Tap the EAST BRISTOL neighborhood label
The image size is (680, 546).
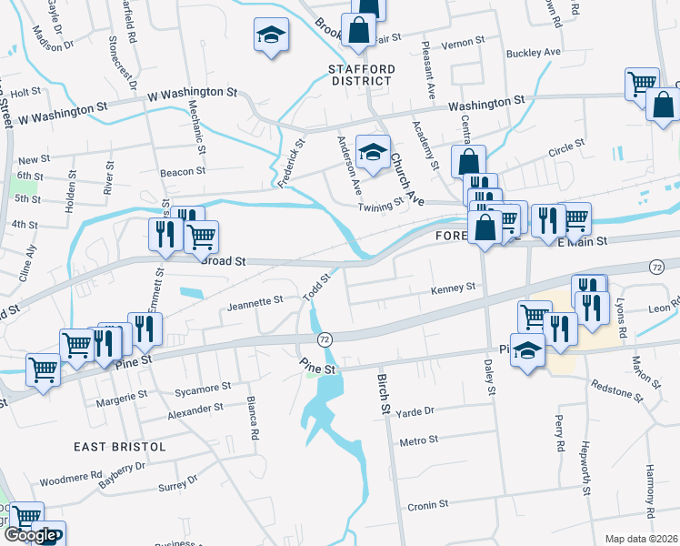[x=122, y=447]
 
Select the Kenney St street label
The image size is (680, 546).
[x=453, y=288]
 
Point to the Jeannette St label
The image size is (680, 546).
[x=255, y=298]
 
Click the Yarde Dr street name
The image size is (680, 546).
[x=417, y=410]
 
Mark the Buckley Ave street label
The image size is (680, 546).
[x=534, y=53]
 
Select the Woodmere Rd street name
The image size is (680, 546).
[x=69, y=477]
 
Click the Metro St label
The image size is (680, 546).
[x=419, y=440]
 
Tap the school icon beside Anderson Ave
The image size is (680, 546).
[x=373, y=153]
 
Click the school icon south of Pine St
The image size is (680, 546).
[x=527, y=350]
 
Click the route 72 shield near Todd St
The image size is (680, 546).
[x=324, y=339]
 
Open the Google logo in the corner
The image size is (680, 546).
[x=30, y=535]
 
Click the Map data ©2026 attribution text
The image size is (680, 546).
[x=641, y=539]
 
